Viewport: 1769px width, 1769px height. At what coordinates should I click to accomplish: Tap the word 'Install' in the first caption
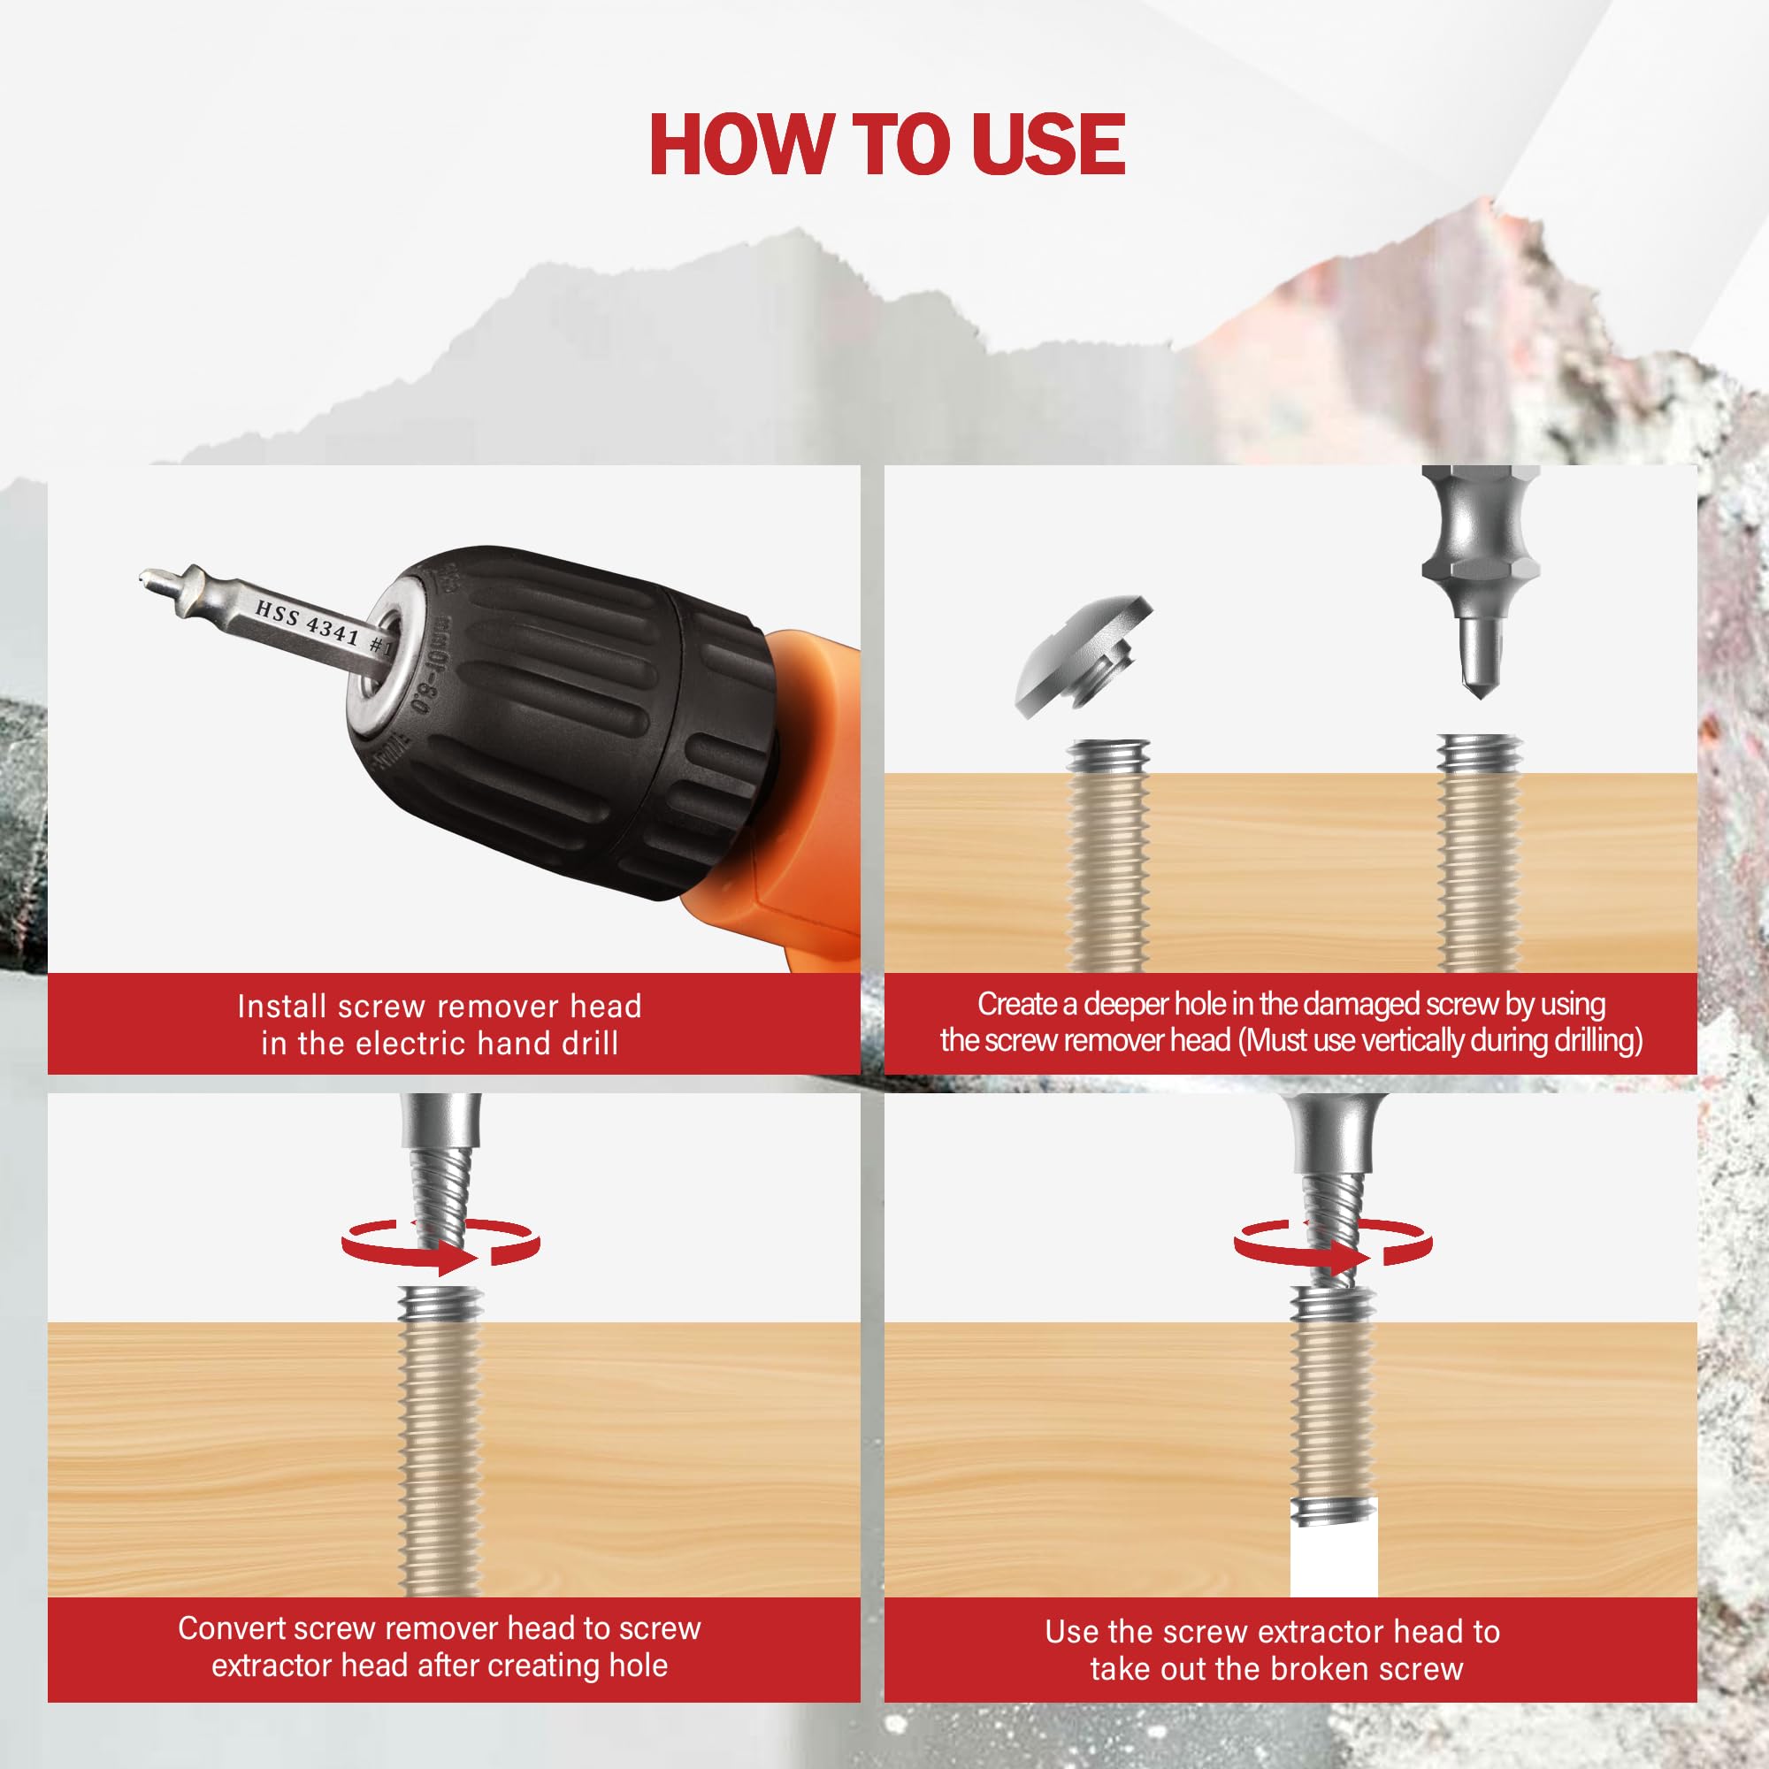click(x=283, y=1007)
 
